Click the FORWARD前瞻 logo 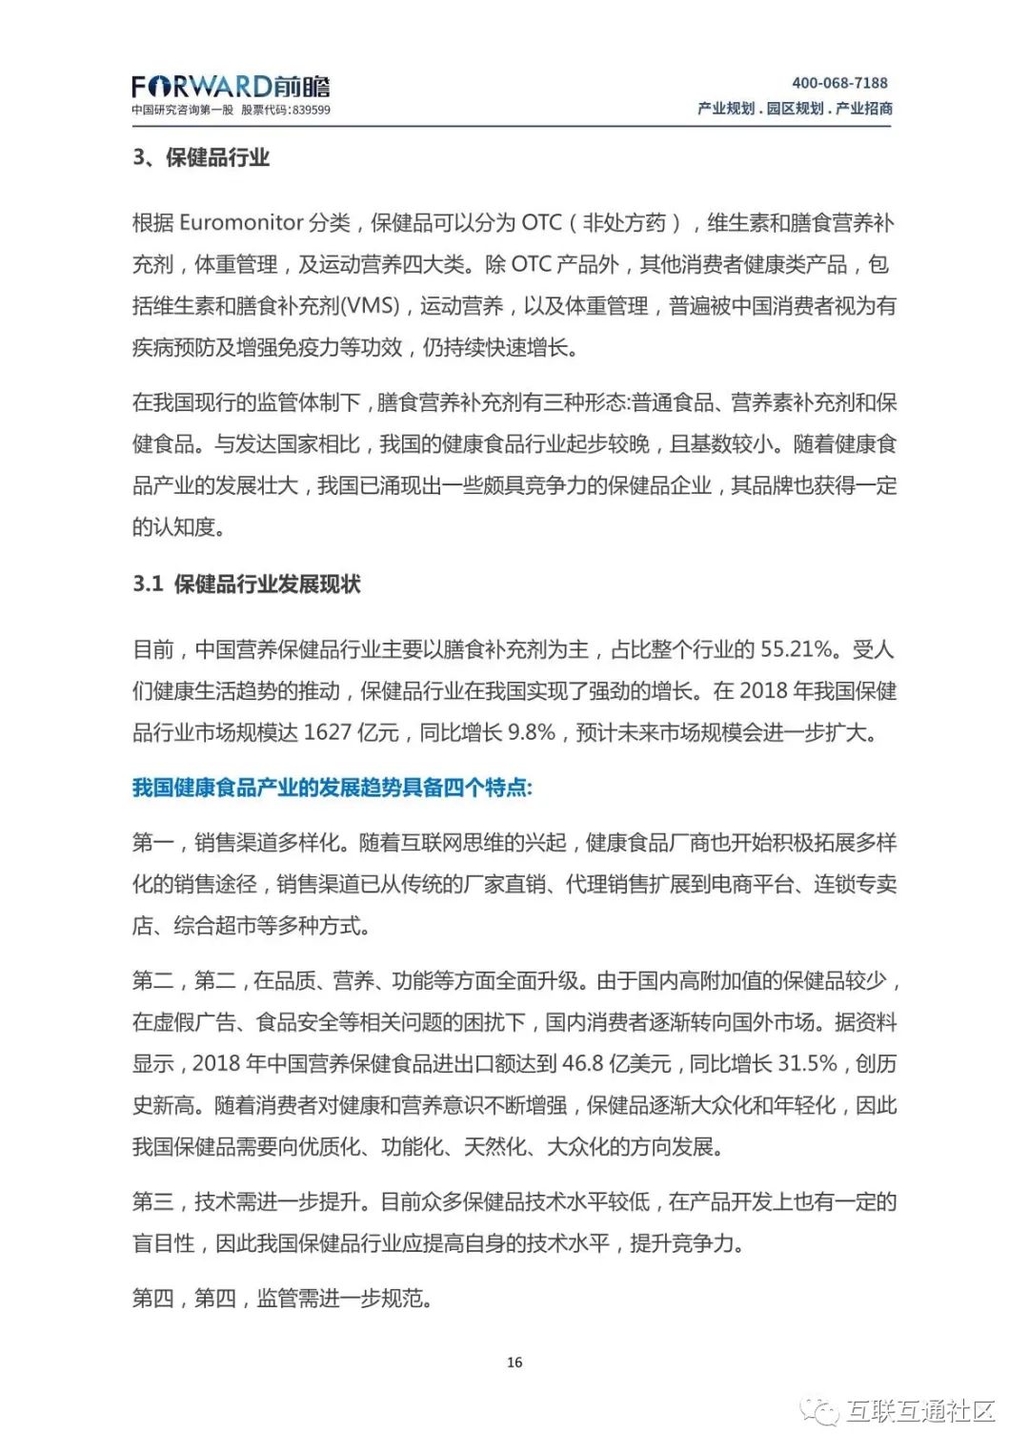coord(231,87)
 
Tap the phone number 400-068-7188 coord(839,83)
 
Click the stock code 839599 coord(312,111)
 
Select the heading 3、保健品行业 coord(201,157)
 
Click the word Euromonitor coord(240,223)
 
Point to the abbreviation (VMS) coord(370,306)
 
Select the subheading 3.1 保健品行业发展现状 coord(247,584)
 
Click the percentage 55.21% coord(797,649)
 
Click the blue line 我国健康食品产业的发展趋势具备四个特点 coord(332,788)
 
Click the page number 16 coord(514,1363)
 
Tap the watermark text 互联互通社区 coord(920,1411)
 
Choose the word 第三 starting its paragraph coord(152,1202)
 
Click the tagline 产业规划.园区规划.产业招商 coord(795,109)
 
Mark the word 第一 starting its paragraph coord(152,843)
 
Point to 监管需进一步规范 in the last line coord(343,1299)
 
